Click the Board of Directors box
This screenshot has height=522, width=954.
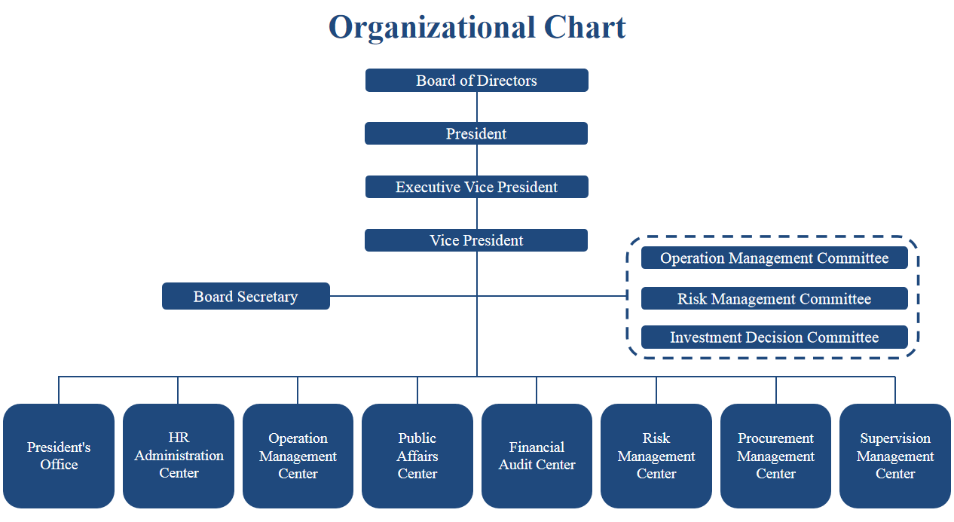(x=476, y=80)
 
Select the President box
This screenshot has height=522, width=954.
(x=476, y=133)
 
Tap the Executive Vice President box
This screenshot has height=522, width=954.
(x=476, y=187)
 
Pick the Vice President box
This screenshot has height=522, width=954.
(x=476, y=240)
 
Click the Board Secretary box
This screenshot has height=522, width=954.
(x=246, y=296)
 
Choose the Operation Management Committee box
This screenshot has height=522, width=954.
(x=774, y=258)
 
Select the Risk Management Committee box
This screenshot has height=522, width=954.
(x=774, y=298)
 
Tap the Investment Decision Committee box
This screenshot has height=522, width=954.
(x=774, y=337)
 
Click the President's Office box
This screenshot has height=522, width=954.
(x=59, y=456)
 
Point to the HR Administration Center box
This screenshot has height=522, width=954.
(x=179, y=456)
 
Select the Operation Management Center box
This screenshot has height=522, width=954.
(x=298, y=456)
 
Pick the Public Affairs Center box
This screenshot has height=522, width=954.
(x=417, y=456)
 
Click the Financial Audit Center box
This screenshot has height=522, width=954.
(x=537, y=456)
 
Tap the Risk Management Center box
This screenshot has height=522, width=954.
(x=656, y=456)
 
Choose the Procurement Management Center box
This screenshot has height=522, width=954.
(x=775, y=456)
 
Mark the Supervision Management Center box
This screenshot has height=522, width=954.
(x=895, y=456)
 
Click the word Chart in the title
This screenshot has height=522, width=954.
(x=585, y=27)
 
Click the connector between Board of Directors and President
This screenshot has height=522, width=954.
(x=476, y=107)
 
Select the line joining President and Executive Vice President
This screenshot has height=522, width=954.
(x=476, y=160)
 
